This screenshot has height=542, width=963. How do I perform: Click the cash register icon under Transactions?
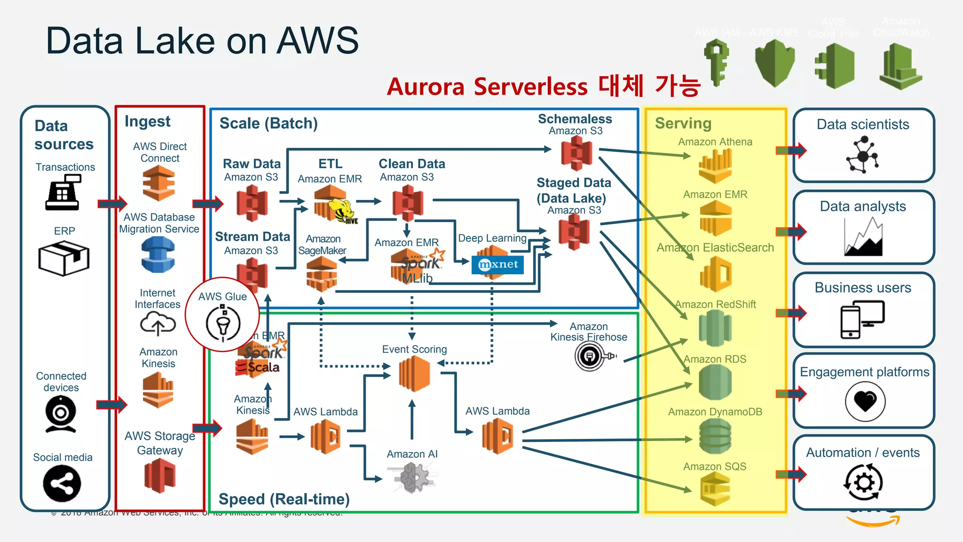tap(63, 192)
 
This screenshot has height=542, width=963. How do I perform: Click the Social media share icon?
tap(62, 484)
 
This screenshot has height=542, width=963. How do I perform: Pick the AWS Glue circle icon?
tap(223, 322)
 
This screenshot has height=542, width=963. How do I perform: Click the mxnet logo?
tap(497, 265)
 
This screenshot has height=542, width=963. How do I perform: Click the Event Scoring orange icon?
tap(414, 374)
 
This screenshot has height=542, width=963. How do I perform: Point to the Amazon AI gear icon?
tap(412, 477)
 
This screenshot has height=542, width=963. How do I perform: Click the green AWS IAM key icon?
tap(716, 63)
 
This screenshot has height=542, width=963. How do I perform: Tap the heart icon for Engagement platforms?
tap(865, 401)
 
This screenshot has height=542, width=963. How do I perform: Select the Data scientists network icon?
tap(862, 155)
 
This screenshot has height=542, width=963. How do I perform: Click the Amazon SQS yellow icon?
tap(715, 489)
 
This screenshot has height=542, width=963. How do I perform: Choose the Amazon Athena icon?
tap(715, 166)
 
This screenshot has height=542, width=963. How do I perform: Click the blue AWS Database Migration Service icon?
tap(158, 255)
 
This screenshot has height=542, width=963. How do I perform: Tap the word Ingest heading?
tap(147, 122)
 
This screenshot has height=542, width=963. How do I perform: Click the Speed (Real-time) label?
tap(284, 499)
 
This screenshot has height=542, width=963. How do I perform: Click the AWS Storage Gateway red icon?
tap(160, 475)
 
